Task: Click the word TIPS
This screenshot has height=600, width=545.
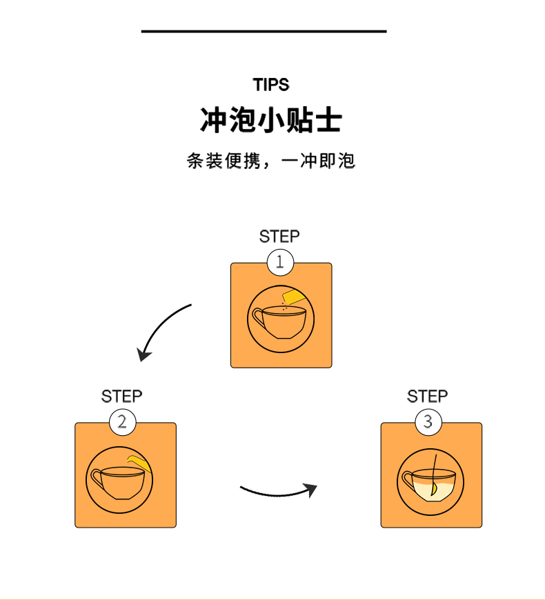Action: point(271,85)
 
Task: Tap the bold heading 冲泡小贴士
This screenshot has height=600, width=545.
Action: point(270,120)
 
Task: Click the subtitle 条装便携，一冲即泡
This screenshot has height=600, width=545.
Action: point(271,161)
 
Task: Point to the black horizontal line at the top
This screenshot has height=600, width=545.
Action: point(264,31)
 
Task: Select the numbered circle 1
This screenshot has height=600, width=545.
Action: point(280,263)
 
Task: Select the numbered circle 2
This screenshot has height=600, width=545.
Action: point(123,423)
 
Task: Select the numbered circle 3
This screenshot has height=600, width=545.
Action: point(428,423)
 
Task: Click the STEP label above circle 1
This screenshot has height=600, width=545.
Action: point(279,237)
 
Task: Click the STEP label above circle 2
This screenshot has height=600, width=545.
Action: point(121,397)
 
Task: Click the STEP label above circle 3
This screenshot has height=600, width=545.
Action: point(427,397)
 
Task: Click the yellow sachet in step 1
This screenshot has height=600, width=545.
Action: point(294,297)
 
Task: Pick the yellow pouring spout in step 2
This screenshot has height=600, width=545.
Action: point(139,463)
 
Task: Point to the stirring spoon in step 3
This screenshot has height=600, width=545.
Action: point(434,476)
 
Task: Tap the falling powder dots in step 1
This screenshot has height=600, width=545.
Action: point(284,306)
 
